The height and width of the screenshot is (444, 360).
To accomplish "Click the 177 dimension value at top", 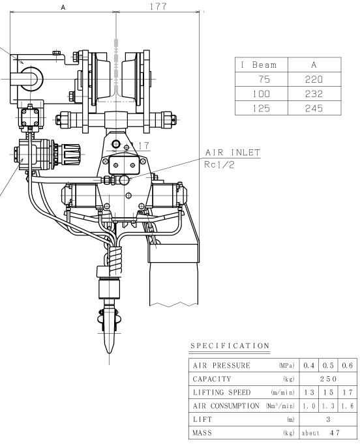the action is [158, 7].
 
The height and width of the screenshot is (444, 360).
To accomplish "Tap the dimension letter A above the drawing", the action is [63, 8].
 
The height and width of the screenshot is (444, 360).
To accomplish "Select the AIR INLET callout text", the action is [233, 153].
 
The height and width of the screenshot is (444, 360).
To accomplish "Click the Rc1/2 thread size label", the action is [219, 165].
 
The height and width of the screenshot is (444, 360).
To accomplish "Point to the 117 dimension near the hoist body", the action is [141, 146].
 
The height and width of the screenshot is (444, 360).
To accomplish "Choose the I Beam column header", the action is [259, 65].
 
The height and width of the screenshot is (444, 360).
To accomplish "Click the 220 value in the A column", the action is [314, 80].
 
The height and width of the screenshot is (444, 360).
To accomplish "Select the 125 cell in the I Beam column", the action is [261, 108].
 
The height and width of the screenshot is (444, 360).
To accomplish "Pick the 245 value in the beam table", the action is [314, 108].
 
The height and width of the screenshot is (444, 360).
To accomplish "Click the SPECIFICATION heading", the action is [230, 346].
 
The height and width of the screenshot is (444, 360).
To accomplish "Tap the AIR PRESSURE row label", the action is [222, 366].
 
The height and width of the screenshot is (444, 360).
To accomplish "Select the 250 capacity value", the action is [328, 379].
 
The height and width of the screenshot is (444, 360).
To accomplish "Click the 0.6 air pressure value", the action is [347, 366].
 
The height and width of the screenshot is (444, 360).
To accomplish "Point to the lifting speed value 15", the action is [328, 392].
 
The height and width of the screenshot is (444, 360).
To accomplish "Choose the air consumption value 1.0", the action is [308, 406].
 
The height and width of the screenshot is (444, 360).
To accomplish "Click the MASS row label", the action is [202, 433].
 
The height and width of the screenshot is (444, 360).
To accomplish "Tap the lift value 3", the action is [328, 419].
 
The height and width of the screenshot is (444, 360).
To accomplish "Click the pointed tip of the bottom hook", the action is [110, 353].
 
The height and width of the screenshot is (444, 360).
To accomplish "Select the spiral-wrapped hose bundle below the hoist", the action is [115, 259].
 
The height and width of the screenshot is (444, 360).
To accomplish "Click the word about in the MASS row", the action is [310, 433].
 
